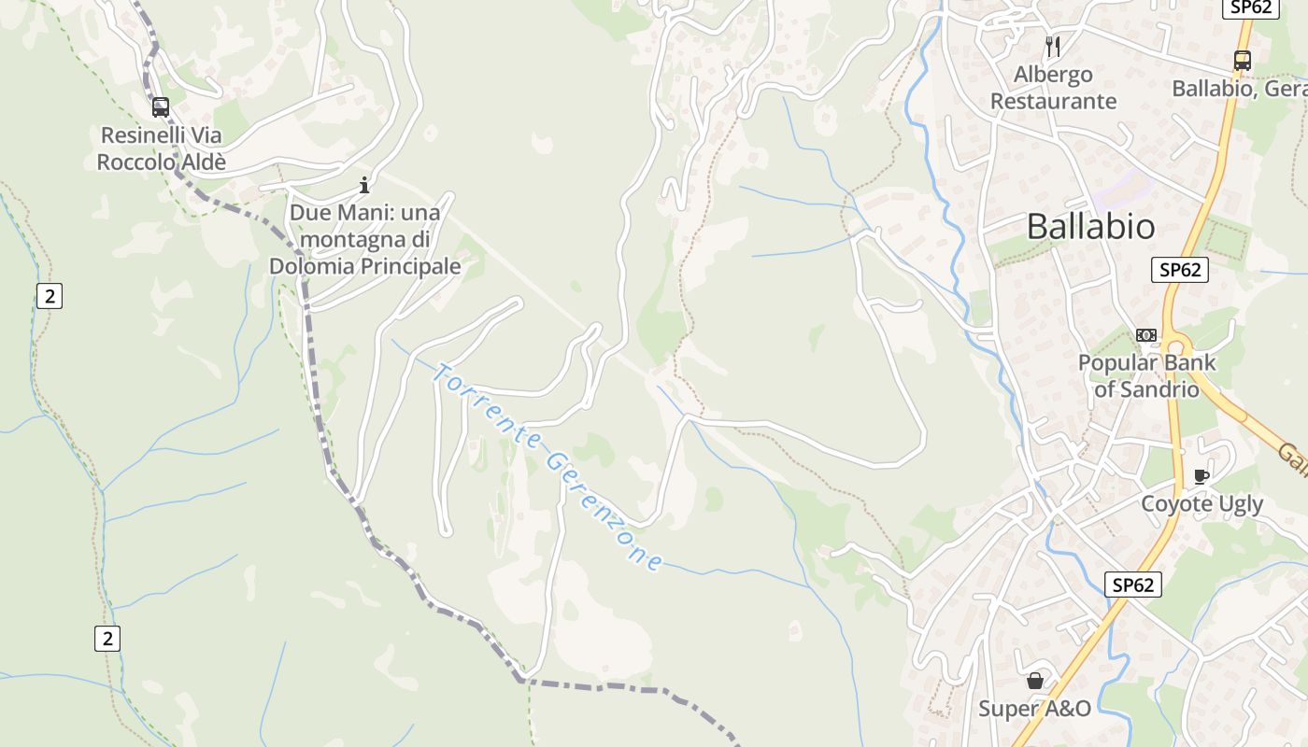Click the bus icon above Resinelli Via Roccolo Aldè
pos(161,107)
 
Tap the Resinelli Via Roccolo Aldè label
pos(162,148)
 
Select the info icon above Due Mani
pos(364,185)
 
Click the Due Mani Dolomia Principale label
pos(365,239)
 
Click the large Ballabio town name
pos(1090,226)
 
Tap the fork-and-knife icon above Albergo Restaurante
pos(1053,46)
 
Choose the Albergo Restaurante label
pos(1053,88)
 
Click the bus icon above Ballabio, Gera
pos(1243,61)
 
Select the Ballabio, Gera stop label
pos(1239,89)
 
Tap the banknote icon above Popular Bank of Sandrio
pos(1146,335)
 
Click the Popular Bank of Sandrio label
pos(1146,375)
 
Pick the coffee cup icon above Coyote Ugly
pos(1202,477)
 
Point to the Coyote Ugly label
pos(1201,504)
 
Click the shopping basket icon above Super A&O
pos(1035,681)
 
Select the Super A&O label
pos(1034,709)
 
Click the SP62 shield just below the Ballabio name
pos(1179,270)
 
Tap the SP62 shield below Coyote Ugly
pos(1132,585)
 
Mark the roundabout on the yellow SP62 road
pos(1175,347)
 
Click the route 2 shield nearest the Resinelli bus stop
pos(49,297)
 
